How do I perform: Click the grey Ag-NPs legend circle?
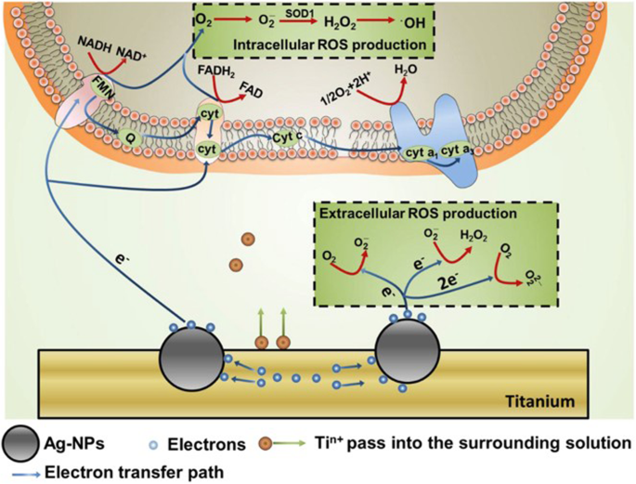(x=22, y=440)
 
